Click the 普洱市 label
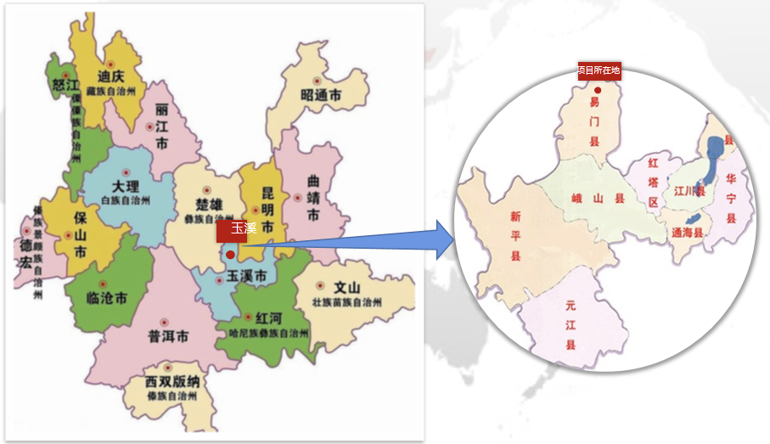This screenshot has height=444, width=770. click(x=168, y=335)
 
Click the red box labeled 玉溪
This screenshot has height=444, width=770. click(x=232, y=228)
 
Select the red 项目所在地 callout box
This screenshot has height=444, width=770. click(x=599, y=70)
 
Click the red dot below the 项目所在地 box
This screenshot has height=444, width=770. click(x=598, y=90)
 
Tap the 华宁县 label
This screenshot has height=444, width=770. click(x=731, y=197)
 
